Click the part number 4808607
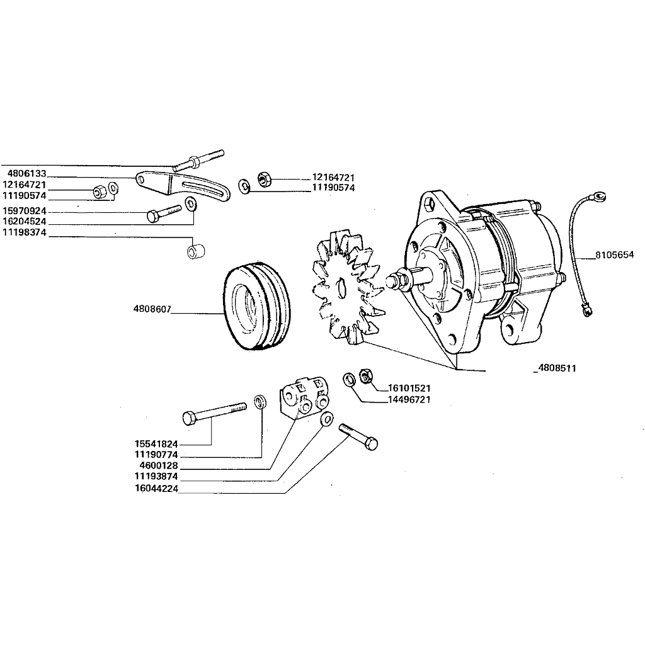pos(152,310)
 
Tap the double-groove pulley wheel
pos(257,305)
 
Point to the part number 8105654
pos(614,256)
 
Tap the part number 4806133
pos(26,172)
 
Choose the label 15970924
pos(24,211)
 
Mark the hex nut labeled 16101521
pos(364,377)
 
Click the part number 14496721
pos(409,399)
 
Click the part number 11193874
pos(156,477)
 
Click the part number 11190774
pos(156,454)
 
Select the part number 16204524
pos(24,222)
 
